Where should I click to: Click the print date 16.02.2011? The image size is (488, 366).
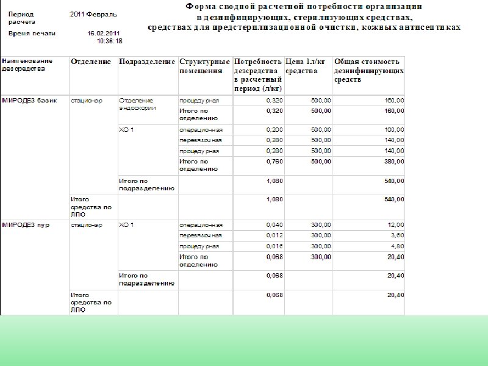tap(105, 33)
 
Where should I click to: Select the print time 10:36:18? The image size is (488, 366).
tap(110, 41)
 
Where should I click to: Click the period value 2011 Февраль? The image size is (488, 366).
tap(94, 13)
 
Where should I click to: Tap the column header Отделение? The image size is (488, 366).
tap(91, 62)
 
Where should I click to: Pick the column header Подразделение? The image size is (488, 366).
tap(146, 62)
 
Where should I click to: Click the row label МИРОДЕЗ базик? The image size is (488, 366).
tap(30, 100)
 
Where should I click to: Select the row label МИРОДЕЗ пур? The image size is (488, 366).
tap(26, 225)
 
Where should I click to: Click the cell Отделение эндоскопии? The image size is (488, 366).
tap(138, 104)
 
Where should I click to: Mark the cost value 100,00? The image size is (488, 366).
tap(393, 130)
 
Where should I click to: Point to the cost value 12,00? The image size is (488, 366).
tap(395, 225)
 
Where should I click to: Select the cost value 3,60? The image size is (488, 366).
tap(397, 235)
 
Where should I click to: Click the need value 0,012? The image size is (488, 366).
tap(274, 235)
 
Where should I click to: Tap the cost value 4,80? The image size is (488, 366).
tap(397, 246)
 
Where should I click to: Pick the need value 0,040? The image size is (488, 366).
tap(274, 225)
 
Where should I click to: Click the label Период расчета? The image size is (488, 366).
tap(21, 17)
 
